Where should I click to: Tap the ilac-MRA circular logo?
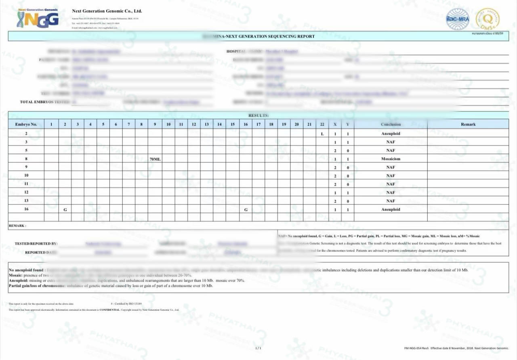pos(458,19)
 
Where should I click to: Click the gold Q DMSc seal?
pos(488,19)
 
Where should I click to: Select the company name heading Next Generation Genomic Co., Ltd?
pos(107,11)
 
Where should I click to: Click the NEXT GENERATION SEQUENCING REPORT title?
pos(265,36)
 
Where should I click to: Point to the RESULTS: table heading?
pos(258,115)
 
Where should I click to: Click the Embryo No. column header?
pos(26,124)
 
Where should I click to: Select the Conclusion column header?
pos(391,124)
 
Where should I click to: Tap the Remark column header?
pos(468,124)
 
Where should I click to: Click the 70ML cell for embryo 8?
pos(155,159)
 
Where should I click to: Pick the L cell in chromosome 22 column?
pos(322,134)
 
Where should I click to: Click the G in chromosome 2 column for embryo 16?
pos(65,210)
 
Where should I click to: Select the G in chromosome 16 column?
pos(246,210)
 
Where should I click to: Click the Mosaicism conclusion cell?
pos(391,159)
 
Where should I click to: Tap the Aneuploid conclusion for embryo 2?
pos(391,134)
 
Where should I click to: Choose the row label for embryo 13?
pos(26,201)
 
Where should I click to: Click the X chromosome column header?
pos(335,124)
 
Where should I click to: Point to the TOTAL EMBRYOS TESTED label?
pos(45,102)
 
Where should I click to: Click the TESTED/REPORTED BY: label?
pos(36,244)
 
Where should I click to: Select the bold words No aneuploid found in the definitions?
pos(26,270)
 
